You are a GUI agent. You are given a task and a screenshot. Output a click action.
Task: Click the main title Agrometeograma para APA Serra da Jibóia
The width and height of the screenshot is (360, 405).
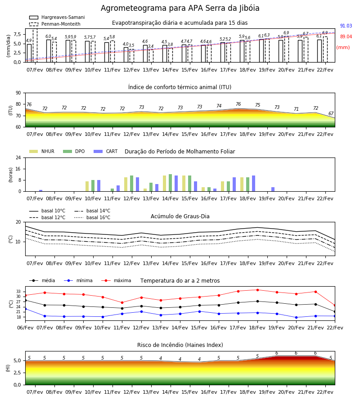[x=180, y=8]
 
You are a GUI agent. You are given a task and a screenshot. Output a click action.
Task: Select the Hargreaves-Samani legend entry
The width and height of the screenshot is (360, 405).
[x=57, y=17]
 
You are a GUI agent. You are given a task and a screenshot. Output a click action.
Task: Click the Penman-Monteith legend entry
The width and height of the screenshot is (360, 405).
[x=55, y=24]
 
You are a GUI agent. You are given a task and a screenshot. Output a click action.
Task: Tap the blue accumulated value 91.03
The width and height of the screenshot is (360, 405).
[x=346, y=26]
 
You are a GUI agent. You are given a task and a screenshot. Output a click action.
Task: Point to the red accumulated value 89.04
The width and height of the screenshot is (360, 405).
[x=346, y=37]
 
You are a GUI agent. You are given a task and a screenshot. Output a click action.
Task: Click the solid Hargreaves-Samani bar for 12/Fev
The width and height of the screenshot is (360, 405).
[x=126, y=55]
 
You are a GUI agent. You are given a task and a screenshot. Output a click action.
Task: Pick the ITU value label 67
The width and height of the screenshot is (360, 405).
[x=331, y=113]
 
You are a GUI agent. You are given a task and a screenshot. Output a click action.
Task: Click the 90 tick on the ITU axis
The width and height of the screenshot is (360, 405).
[x=18, y=93]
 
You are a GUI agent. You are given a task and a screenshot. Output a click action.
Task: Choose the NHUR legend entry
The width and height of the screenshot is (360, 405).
[x=42, y=151]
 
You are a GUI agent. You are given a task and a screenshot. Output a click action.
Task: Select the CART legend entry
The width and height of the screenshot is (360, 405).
[x=106, y=151]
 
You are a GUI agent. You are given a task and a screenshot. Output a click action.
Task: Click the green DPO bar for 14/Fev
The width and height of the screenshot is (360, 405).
[x=171, y=183]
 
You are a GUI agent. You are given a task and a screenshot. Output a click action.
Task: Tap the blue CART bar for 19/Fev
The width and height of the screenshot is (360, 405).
[x=273, y=189]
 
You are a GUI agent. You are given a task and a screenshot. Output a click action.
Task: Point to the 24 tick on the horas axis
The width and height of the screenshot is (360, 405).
[x=18, y=157]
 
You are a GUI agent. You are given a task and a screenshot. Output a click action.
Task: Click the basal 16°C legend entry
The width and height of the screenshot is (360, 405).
[x=92, y=217]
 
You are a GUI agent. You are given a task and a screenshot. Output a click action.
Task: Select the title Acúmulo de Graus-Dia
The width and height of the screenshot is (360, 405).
[x=180, y=216]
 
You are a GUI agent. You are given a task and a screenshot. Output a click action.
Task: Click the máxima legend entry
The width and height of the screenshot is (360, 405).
[x=116, y=280]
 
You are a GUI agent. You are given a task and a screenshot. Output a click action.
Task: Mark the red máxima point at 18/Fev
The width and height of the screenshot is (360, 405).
[x=257, y=290]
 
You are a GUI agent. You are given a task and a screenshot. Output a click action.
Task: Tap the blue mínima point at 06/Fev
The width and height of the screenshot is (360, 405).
[x=25, y=309]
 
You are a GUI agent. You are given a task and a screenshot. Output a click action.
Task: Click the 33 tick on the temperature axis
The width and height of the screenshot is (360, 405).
[x=18, y=292]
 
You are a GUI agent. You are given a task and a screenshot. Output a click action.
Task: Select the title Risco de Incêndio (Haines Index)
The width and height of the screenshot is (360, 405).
[x=180, y=345]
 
